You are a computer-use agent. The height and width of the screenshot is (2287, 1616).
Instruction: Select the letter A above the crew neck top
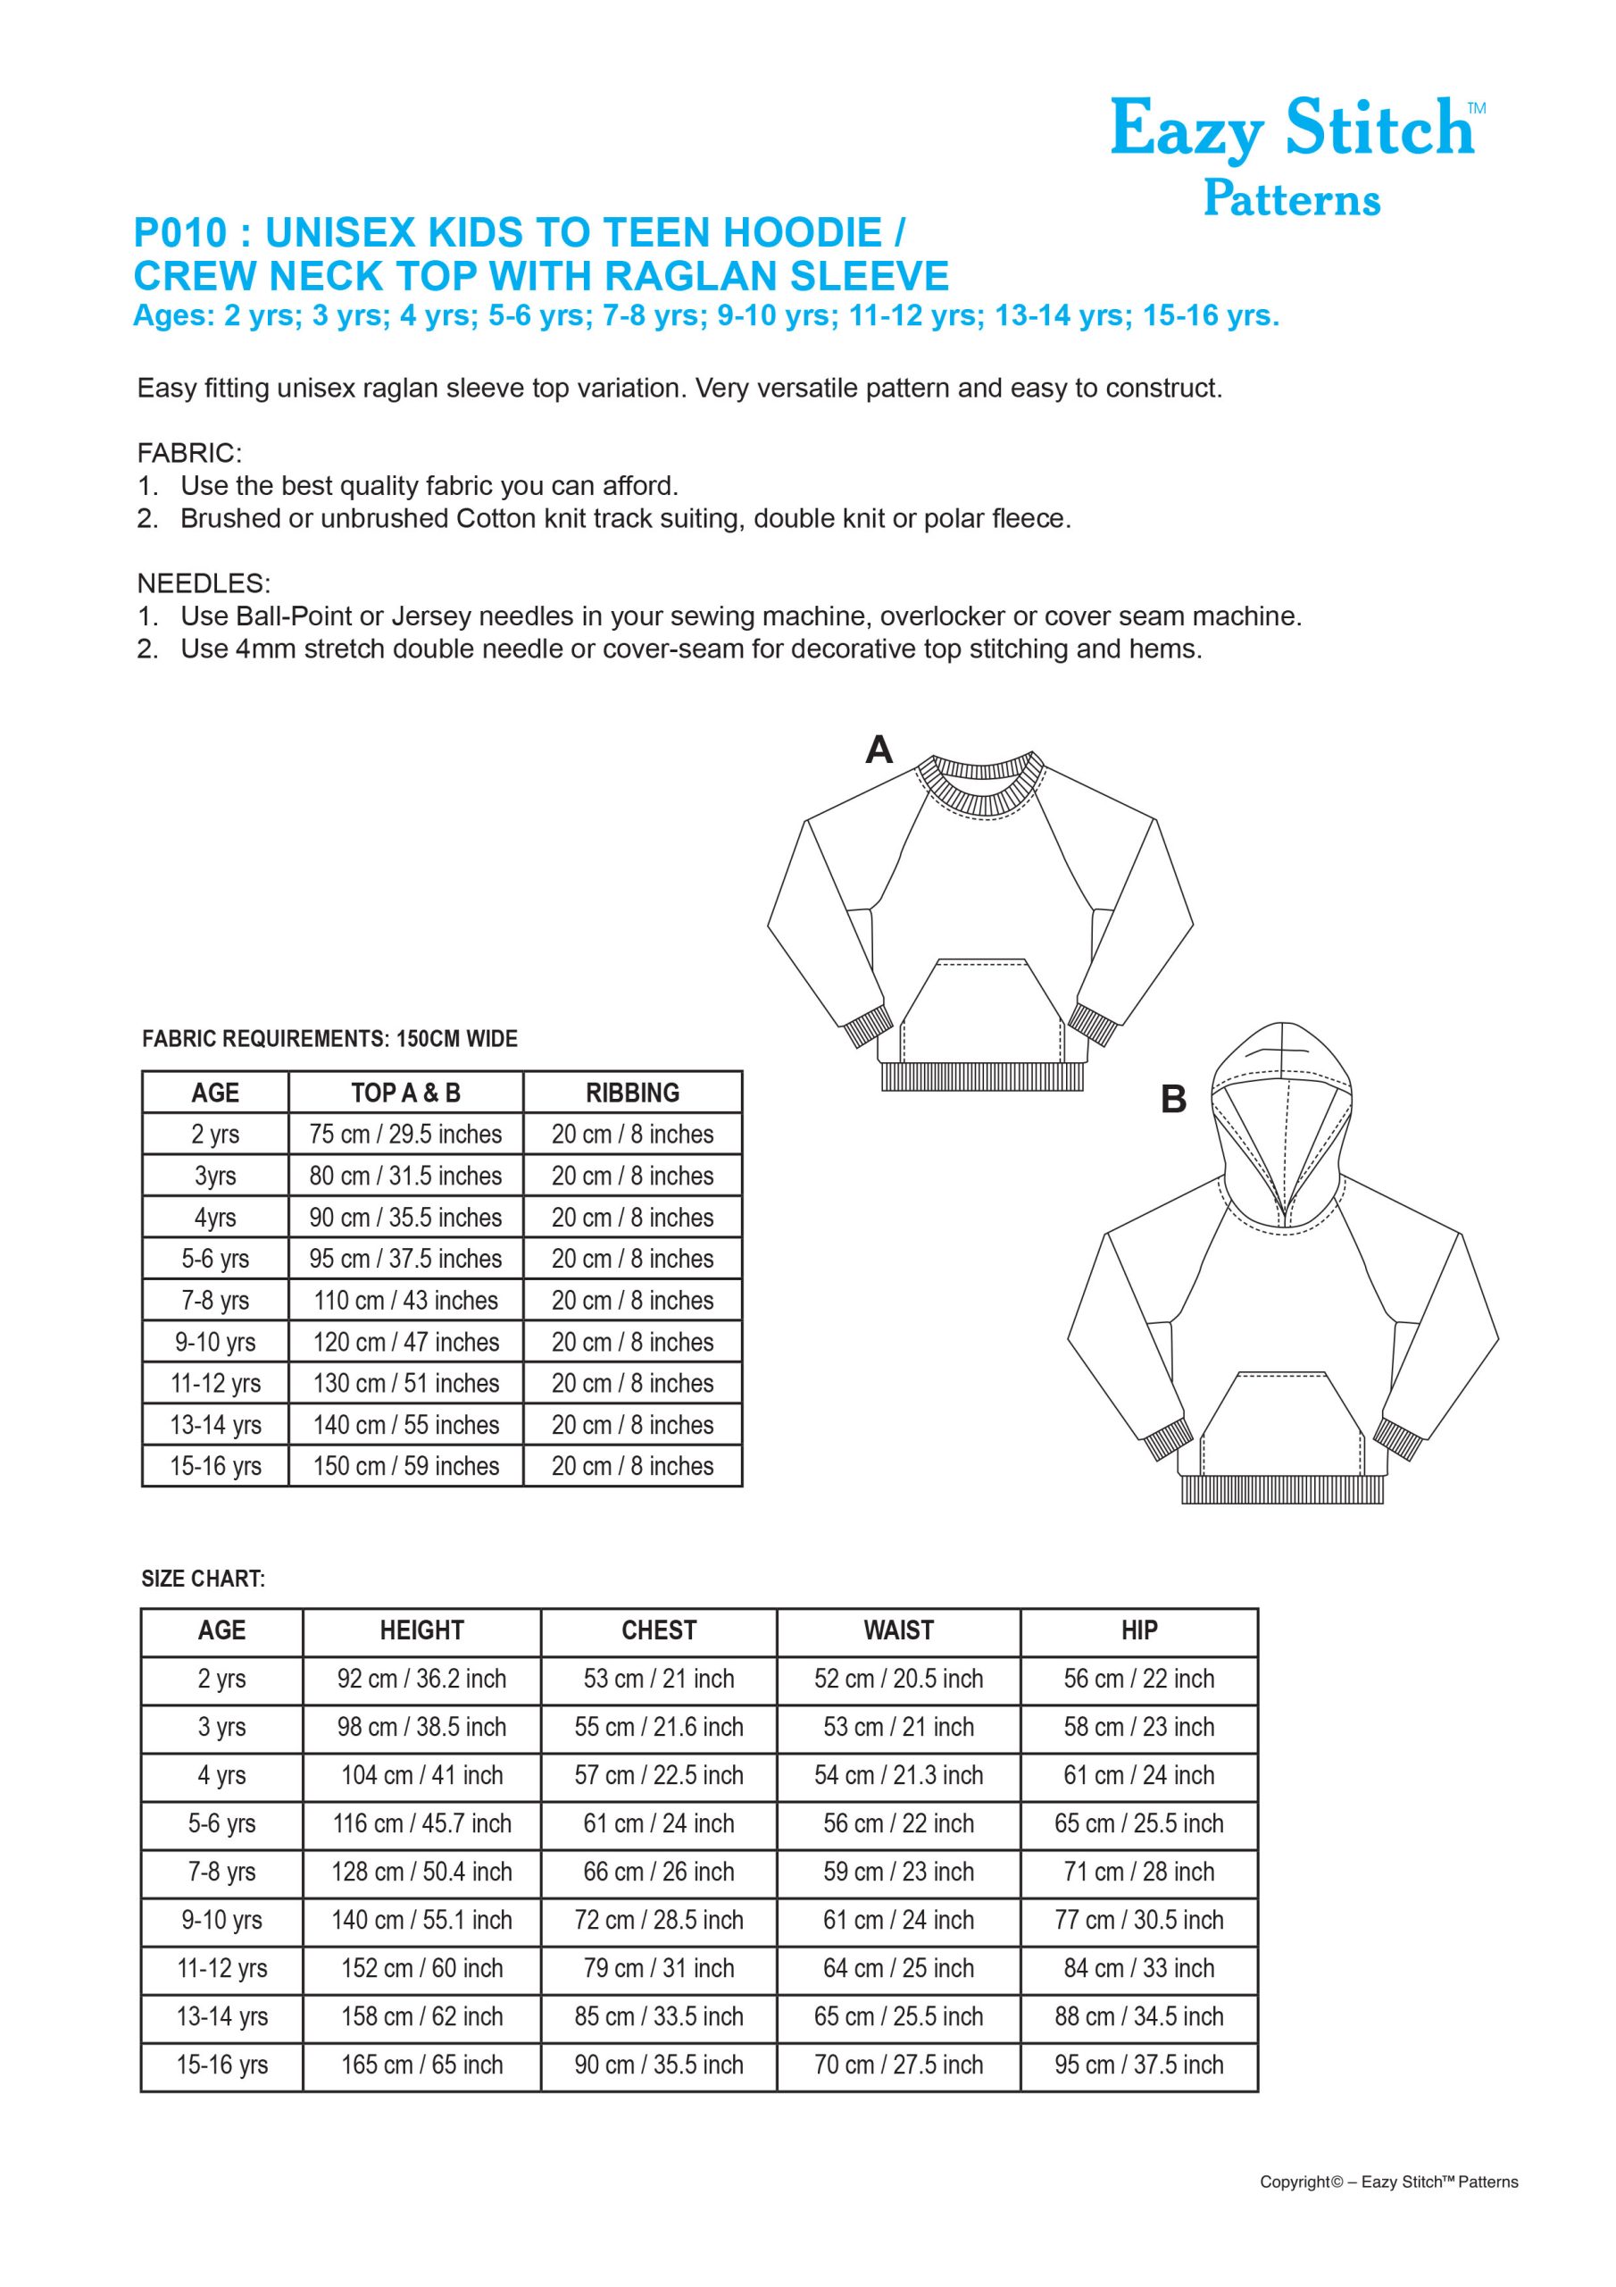879,749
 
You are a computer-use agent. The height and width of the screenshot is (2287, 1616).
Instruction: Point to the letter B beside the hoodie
1174,1099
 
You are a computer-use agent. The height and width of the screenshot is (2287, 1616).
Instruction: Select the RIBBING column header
632,1093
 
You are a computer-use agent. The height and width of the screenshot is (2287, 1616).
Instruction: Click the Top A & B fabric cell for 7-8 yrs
405,1300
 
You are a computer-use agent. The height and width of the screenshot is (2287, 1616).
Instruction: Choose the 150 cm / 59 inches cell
405,1466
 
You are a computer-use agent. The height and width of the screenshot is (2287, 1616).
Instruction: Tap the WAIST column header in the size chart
898,1630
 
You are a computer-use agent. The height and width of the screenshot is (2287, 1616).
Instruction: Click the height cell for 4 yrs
421,1775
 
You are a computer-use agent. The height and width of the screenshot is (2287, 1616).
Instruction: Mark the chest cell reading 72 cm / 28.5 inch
658,1920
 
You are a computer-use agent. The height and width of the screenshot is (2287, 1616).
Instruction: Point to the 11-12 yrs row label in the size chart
221,1968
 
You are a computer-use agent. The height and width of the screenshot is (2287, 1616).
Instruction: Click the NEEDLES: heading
204,582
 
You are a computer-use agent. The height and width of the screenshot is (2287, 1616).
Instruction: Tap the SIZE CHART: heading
204,1579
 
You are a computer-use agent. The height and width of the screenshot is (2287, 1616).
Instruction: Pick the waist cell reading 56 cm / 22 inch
898,1822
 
